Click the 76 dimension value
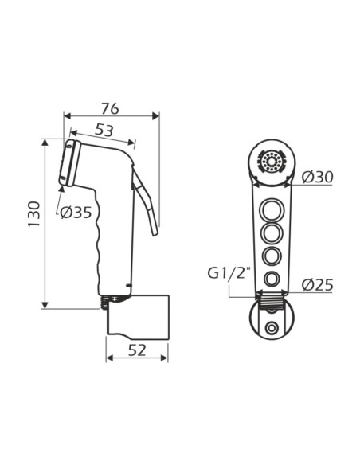coord(110,108)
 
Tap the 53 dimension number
coord(104,131)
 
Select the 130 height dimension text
coord(34,214)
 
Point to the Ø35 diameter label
coord(76,213)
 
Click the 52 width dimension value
coord(137,350)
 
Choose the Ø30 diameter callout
coord(317,177)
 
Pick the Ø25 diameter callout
coord(317,285)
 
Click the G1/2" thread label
coord(229,273)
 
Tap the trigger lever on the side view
coord(146,202)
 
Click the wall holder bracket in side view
coord(137,316)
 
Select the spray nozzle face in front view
coord(271,162)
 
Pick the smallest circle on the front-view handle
coord(271,279)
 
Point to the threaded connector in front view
coord(271,300)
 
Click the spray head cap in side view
coord(69,162)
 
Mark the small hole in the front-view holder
coord(271,328)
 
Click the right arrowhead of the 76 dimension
coord(155,116)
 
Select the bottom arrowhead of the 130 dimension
coord(45,305)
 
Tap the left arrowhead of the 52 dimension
coord(110,358)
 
